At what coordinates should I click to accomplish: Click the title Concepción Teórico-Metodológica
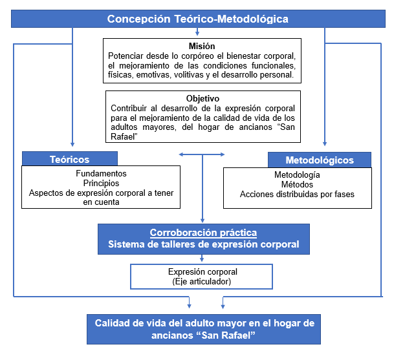[197, 19]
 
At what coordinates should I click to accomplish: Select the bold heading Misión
[202, 47]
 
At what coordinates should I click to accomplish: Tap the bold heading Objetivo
[202, 98]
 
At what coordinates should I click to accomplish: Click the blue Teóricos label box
[70, 159]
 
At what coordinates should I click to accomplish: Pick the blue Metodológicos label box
[320, 160]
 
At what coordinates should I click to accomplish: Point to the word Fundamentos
[100, 174]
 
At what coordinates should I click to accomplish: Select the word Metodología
[297, 175]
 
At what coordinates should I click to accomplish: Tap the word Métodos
[297, 185]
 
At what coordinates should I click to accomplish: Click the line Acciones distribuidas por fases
[297, 194]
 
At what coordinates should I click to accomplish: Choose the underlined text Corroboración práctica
[203, 233]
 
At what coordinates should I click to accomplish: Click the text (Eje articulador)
[202, 281]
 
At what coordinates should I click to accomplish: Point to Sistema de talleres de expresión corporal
[203, 244]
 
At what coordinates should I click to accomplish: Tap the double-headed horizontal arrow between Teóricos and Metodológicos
[202, 154]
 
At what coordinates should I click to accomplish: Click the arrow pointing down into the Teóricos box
[72, 143]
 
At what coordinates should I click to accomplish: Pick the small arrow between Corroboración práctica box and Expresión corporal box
[202, 259]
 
